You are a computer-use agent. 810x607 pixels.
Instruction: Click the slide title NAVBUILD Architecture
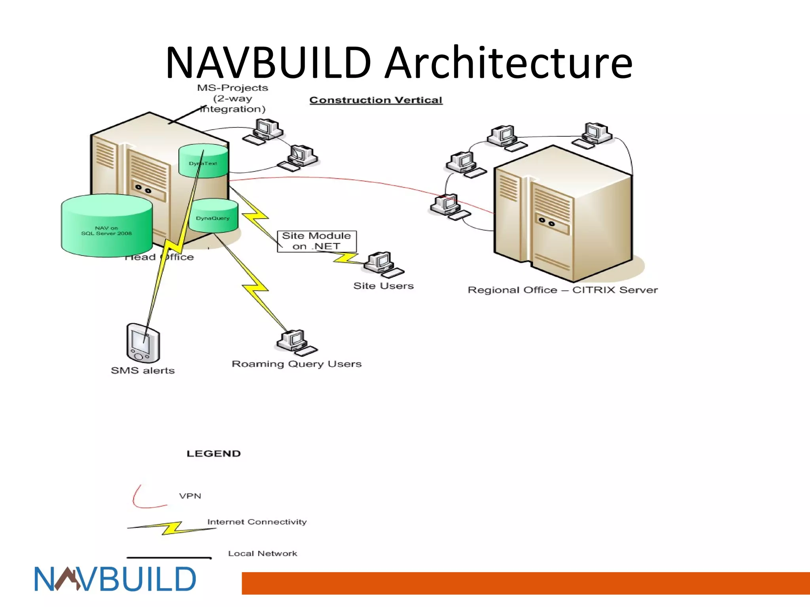click(399, 62)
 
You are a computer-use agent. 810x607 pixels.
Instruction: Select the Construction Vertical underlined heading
click(376, 100)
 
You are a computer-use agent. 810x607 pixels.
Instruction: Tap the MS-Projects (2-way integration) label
click(233, 98)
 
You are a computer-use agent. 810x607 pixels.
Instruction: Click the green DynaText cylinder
click(203, 161)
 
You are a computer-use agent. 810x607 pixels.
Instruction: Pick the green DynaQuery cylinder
click(214, 216)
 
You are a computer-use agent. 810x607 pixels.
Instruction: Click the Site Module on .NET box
click(316, 241)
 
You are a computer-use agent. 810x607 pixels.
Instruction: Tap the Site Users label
click(383, 286)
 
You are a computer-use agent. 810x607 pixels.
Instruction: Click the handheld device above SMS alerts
click(143, 343)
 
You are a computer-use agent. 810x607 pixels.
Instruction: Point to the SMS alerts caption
click(142, 370)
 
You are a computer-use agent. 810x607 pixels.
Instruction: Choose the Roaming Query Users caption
click(297, 364)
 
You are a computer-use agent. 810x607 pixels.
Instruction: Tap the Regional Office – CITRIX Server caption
click(562, 290)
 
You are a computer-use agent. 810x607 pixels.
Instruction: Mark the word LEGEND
click(214, 454)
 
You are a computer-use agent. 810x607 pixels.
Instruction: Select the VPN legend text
click(190, 496)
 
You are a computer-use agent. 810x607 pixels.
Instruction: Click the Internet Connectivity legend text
click(257, 522)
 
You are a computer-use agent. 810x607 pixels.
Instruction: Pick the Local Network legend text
click(262, 554)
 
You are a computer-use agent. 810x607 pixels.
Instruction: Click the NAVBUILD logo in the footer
click(115, 579)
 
